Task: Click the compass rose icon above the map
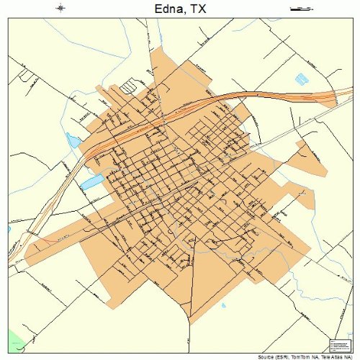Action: (60, 9)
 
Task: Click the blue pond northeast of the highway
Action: (300, 78)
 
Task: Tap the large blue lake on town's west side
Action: (91, 182)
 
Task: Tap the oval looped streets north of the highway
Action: (127, 87)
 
